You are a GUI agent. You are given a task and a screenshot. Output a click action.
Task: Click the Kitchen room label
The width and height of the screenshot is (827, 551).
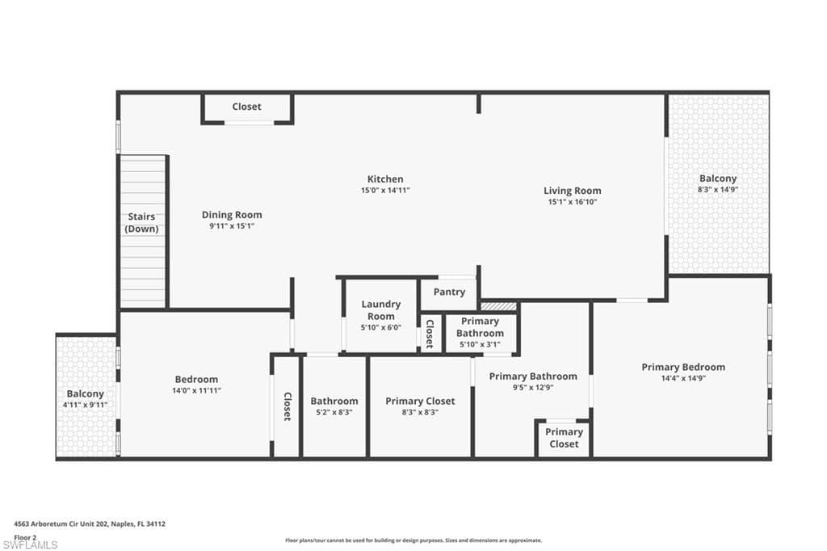pos(385,179)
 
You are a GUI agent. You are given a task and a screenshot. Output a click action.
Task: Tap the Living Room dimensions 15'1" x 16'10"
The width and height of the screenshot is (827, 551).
pos(572,202)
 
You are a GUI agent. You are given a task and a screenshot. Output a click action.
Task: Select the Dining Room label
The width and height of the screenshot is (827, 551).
pos(232,215)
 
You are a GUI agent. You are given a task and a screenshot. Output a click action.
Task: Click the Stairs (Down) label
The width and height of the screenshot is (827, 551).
pos(141,223)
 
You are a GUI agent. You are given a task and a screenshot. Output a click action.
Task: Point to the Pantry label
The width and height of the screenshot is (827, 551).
pos(449,292)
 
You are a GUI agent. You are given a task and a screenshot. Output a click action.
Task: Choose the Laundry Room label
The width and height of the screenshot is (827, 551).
pos(380,310)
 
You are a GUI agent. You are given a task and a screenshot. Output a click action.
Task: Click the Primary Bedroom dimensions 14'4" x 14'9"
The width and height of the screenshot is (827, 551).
pos(683,378)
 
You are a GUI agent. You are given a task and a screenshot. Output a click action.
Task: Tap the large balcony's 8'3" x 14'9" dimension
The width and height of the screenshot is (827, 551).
pos(718,189)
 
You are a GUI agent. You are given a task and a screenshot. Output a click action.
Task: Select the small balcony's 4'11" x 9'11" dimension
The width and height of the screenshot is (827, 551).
pos(86,405)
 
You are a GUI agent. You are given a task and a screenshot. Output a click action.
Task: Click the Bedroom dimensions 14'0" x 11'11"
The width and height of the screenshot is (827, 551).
pos(196,390)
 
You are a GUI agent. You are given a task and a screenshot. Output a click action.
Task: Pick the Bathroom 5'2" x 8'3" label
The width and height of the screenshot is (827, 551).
pos(334,402)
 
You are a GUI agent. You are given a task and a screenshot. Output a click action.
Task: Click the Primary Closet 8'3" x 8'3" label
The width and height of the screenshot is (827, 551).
pos(420,402)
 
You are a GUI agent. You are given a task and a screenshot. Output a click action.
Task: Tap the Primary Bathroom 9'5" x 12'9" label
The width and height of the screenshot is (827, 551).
pos(533,376)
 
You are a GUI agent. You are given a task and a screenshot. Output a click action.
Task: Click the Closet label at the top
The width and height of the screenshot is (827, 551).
pos(246,107)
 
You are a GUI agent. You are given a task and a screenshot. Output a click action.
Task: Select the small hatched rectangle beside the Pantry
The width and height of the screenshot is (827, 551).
pos(498,306)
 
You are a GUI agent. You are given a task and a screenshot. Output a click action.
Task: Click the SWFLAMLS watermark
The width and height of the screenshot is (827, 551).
pos(30,545)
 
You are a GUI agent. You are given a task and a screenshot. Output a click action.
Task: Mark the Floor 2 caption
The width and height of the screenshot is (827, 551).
pos(26,536)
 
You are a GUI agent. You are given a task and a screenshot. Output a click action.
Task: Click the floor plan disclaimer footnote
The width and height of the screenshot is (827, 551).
pos(413,540)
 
